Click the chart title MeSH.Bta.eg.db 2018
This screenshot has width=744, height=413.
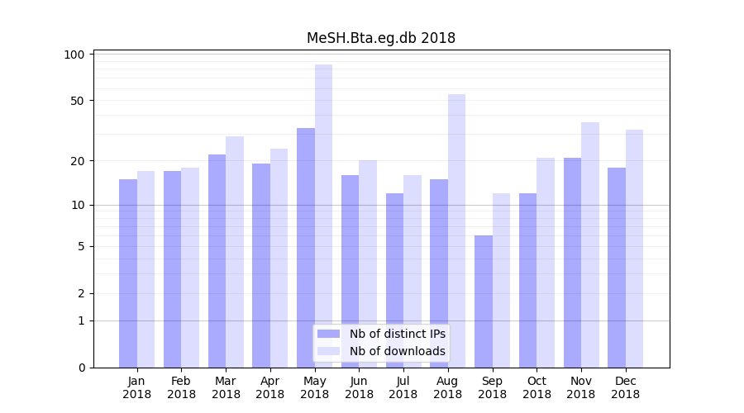[x=380, y=38]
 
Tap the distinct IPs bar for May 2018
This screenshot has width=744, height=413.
[x=306, y=248]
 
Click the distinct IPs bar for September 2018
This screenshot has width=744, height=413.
[x=484, y=301]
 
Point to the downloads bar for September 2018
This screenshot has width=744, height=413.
[x=501, y=281]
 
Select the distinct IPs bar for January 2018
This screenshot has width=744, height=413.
[x=128, y=273]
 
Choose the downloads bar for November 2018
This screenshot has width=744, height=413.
[x=590, y=244]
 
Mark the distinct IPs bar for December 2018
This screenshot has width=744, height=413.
[x=617, y=268]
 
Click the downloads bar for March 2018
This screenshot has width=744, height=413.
[x=235, y=252]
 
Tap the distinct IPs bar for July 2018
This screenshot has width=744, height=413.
[x=394, y=281]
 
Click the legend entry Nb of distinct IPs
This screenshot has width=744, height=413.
[x=397, y=334]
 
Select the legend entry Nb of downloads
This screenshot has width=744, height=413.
[x=397, y=351]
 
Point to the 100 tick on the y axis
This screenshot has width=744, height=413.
[x=75, y=55]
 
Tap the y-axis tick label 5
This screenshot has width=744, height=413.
[x=82, y=246]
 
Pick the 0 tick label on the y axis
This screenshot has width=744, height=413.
[x=82, y=368]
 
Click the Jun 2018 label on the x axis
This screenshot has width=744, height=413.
[x=359, y=387]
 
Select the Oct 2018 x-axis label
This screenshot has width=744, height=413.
[x=537, y=387]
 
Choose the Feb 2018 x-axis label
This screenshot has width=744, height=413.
[x=181, y=387]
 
